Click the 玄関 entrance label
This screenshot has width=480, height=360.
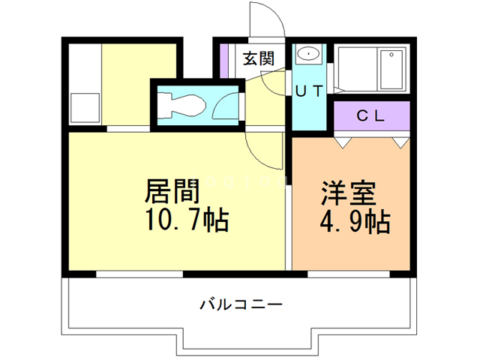tap(257, 58)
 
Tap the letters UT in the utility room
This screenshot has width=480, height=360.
tap(308, 91)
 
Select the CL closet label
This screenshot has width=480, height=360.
tap(370, 115)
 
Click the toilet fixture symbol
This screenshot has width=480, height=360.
tap(181, 104)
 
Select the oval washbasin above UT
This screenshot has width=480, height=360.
tap(307, 55)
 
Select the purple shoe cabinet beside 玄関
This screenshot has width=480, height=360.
tap(223, 58)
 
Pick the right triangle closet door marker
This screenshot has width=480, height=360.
tap(400, 140)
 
